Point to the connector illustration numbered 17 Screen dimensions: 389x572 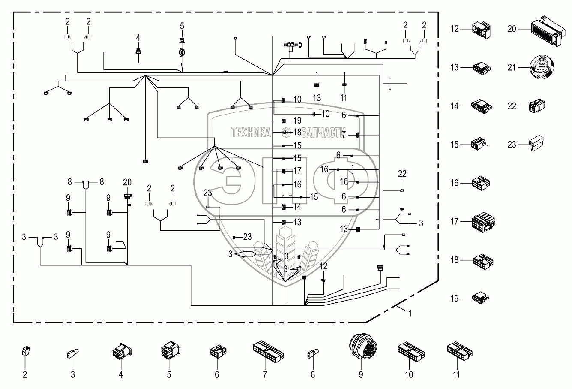pos(483,222)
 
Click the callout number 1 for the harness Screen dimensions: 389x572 pos(410,313)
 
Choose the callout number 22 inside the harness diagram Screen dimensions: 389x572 pos(402,174)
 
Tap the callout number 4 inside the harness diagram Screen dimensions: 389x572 pos(138,38)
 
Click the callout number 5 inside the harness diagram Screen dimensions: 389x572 pos(182,27)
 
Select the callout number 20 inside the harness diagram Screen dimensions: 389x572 pos(127,182)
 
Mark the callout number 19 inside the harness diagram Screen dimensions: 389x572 pos(297,121)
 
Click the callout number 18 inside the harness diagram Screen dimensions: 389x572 pos(297,133)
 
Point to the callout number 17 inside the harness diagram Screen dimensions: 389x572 pos(297,171)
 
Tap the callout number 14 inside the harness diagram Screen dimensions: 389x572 pos(297,207)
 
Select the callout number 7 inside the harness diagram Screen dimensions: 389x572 pos(344,135)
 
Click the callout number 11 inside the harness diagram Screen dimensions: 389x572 pos(343,98)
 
